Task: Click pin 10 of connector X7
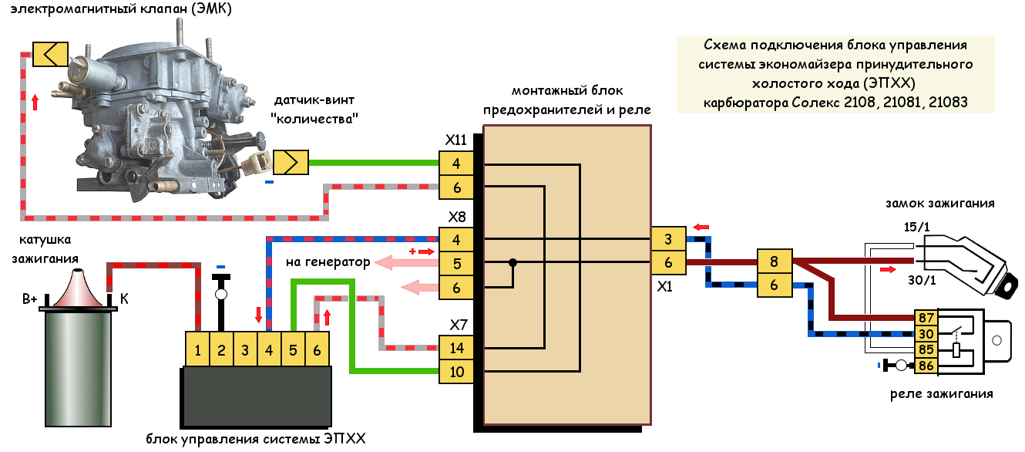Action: coord(456,372)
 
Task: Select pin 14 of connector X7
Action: coord(456,348)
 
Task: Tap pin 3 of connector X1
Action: coord(668,238)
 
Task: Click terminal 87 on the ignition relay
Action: coord(926,317)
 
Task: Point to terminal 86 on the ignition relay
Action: coord(926,366)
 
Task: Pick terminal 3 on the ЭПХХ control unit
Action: coord(245,349)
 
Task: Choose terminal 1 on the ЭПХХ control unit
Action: coord(197,349)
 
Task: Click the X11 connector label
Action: coord(455,140)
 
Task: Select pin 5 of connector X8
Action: coord(456,263)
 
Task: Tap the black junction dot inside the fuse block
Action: coord(513,263)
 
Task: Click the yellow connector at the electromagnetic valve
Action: coord(50,54)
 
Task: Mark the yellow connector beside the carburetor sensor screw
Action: coord(291,162)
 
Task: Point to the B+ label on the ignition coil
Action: coord(29,299)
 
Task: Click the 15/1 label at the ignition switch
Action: coord(916,227)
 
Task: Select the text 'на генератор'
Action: coord(328,262)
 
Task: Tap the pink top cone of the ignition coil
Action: coord(79,288)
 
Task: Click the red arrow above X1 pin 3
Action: coord(701,227)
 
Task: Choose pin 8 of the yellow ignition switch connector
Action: coord(775,261)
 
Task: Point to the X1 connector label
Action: coord(664,286)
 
